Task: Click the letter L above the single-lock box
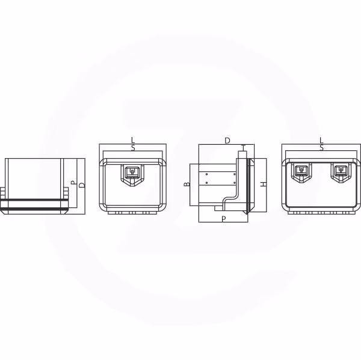[x=133, y=140]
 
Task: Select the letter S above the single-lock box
[x=133, y=148]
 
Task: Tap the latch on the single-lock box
[x=132, y=175]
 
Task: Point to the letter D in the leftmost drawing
[x=82, y=185]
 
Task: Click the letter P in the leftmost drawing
[x=73, y=183]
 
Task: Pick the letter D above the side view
[x=227, y=141]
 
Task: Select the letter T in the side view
[x=244, y=147]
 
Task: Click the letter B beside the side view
[x=187, y=184]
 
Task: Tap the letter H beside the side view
[x=263, y=184]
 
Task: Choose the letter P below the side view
[x=224, y=219]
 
